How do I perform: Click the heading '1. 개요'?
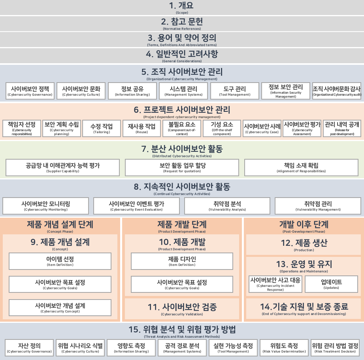point(182,6)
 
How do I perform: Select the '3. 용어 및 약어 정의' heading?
point(182,38)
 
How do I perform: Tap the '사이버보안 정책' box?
point(30,90)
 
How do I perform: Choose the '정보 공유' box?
point(132,90)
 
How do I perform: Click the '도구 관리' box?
point(235,90)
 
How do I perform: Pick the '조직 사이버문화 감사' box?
point(337,90)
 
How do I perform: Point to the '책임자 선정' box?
point(22,128)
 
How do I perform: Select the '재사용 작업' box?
point(141,128)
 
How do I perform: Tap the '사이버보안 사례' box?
point(262,128)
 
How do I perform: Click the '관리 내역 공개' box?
point(342,128)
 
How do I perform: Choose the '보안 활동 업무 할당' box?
point(182,168)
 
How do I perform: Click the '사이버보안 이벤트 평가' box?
point(136,205)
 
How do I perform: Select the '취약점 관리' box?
point(318,205)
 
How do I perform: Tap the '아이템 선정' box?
point(60,261)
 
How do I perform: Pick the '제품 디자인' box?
point(182,261)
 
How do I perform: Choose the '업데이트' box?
point(331,284)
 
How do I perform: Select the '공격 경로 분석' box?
point(182,347)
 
